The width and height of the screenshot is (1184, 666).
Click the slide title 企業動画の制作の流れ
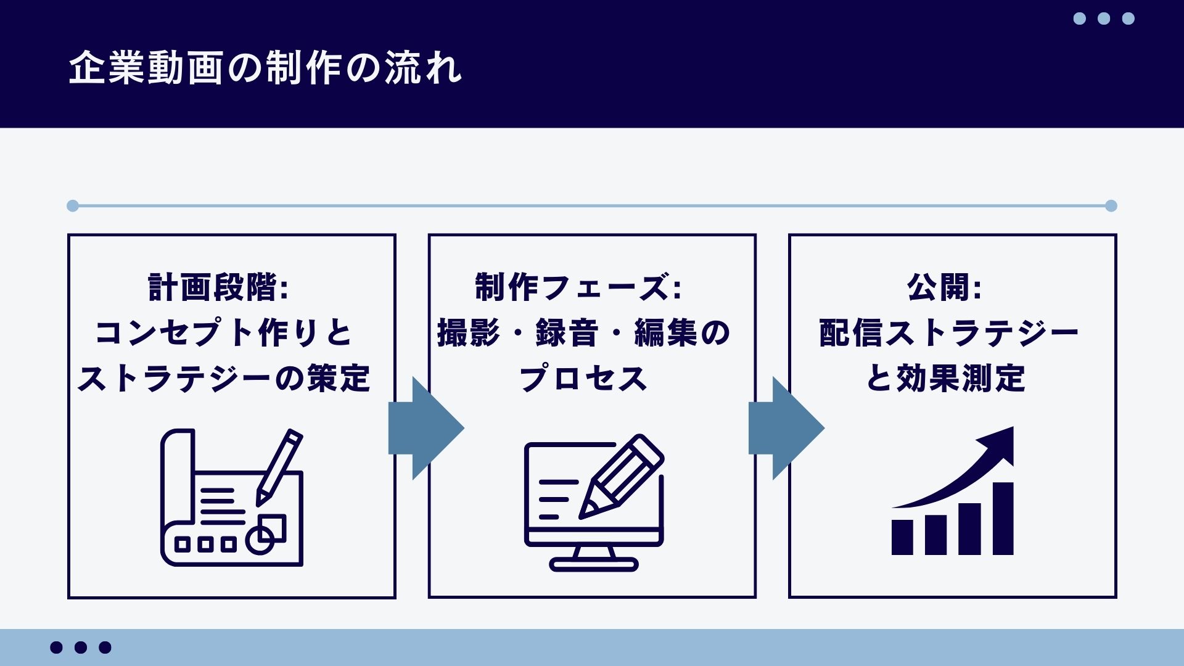[265, 67]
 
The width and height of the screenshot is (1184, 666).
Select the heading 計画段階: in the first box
[219, 287]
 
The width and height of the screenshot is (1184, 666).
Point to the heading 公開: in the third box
[944, 287]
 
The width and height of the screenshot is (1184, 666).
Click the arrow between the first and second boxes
[425, 428]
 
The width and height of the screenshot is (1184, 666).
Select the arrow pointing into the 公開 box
[786, 428]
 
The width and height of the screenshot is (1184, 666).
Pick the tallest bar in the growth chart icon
[1003, 518]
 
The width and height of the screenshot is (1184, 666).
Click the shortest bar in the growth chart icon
[902, 536]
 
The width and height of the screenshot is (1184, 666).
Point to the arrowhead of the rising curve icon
[999, 442]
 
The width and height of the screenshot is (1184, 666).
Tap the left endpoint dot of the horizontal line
[73, 206]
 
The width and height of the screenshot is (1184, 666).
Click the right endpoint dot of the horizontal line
[1111, 206]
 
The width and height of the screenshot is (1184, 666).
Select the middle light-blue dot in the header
[1104, 18]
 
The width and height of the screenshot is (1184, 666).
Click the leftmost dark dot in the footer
[56, 647]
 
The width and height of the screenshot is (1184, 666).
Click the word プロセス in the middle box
[583, 378]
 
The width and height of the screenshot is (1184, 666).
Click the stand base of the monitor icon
[593, 564]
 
